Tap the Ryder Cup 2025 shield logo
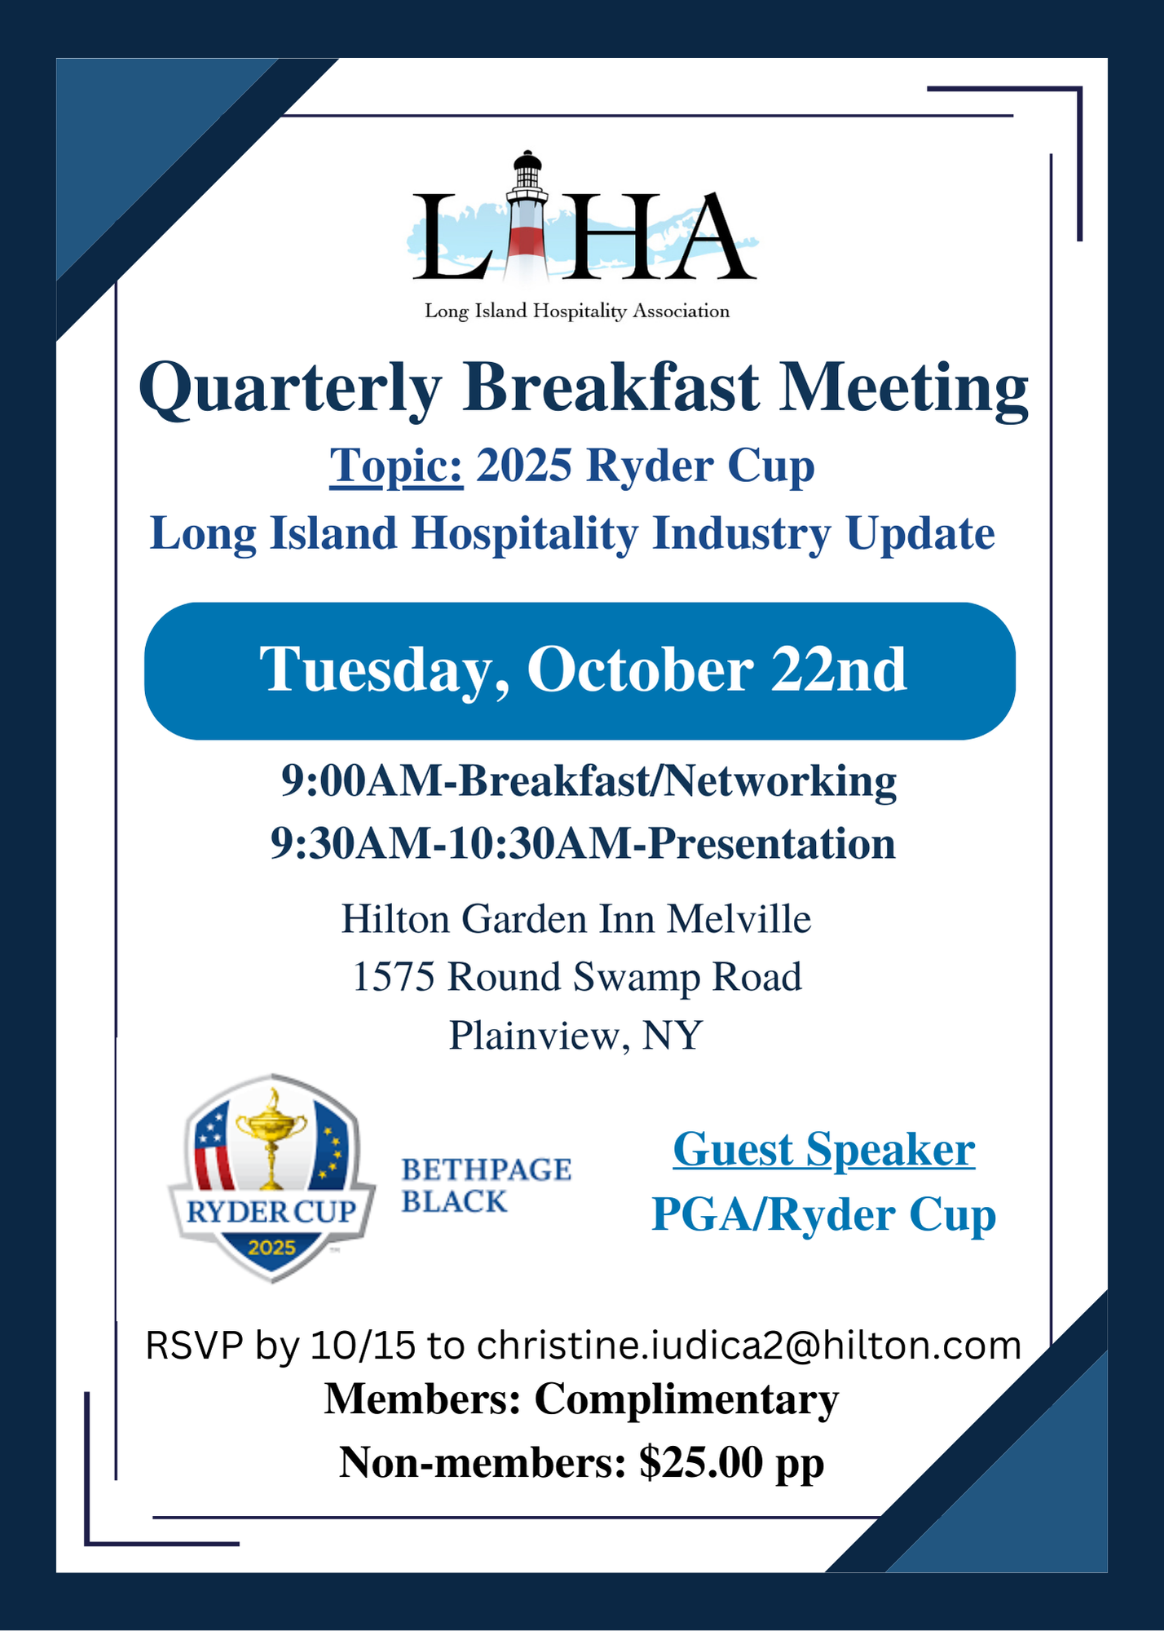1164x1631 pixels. click(271, 1178)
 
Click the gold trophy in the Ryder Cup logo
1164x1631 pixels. click(271, 1138)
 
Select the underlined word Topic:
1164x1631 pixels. click(396, 466)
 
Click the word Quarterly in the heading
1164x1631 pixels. click(290, 389)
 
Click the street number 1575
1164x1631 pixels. click(394, 977)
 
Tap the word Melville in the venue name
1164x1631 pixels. click(739, 919)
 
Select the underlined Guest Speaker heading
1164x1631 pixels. click(824, 1151)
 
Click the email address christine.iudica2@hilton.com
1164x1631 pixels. click(749, 1346)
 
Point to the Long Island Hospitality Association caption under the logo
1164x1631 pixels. click(577, 312)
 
